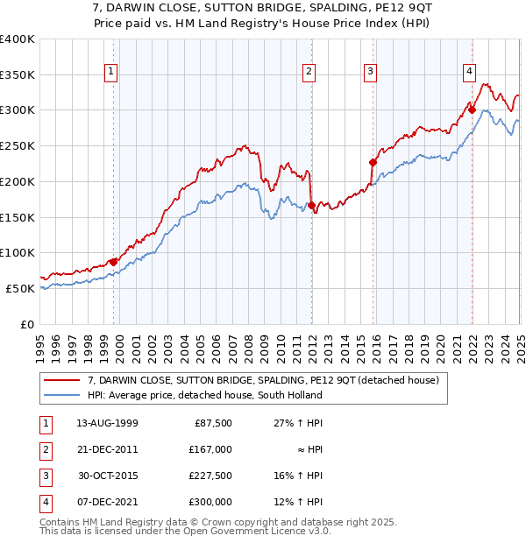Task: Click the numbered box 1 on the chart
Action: pos(112,74)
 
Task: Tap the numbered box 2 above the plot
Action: pos(309,74)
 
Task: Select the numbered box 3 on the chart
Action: pos(371,74)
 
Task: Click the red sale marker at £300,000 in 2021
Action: pos(472,109)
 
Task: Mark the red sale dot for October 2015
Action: pos(373,161)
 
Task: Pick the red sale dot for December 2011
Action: pos(311,205)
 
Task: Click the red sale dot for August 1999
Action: pos(113,261)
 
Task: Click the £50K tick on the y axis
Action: pos(21,288)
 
